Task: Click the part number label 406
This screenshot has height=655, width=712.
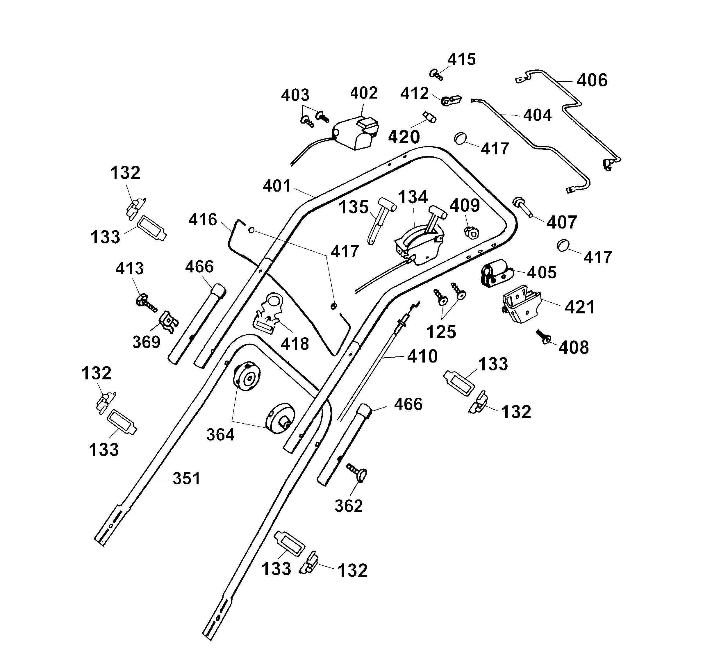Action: coord(592,81)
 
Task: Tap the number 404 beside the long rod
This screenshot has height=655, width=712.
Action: coord(537,115)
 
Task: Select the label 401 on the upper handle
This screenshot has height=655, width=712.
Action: coord(277,186)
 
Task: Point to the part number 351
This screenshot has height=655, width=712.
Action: coord(186,479)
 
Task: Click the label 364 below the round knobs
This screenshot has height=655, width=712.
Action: coord(220,435)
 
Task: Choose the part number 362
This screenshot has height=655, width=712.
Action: coord(349,506)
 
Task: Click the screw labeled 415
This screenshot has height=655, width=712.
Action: coord(436,75)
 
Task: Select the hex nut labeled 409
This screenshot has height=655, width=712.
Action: coord(472,233)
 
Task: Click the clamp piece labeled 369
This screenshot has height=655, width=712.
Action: coord(169,322)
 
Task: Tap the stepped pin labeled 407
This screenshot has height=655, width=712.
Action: coord(523,207)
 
